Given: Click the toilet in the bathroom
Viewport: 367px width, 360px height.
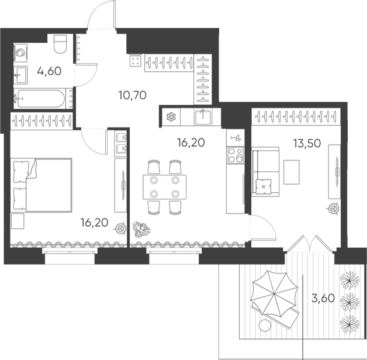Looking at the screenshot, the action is pos(60,44).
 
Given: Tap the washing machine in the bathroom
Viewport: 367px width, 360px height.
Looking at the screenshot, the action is pos(20,53).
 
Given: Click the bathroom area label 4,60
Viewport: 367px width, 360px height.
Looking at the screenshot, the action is pos(49,71).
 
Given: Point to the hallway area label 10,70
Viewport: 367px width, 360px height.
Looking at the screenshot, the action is pos(133,95).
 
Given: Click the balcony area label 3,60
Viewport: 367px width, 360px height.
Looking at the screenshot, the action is pos(323,298).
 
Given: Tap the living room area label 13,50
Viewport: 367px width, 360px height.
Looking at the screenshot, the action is pos(307,143).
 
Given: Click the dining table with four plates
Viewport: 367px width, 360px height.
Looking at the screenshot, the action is pos(165,187).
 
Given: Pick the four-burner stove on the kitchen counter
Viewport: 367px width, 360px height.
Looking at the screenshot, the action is pos(236,155).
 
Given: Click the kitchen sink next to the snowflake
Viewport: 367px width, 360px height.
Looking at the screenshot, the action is pos(203,117).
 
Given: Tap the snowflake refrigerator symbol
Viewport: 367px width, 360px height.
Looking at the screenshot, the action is pos(171,117).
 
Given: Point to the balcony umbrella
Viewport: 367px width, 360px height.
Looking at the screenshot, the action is pos(274,293).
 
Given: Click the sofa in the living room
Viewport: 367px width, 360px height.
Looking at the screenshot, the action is pos(265,172).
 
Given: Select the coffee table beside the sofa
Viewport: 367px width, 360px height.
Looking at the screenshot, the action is pos(292,172).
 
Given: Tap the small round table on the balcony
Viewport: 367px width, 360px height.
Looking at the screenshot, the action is pos(265,326).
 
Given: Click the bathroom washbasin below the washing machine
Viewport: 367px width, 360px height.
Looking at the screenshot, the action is pos(20,75).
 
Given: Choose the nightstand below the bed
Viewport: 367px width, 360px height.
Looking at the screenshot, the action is pos(18,221).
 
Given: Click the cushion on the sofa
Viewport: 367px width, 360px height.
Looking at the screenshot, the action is pos(264,186).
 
